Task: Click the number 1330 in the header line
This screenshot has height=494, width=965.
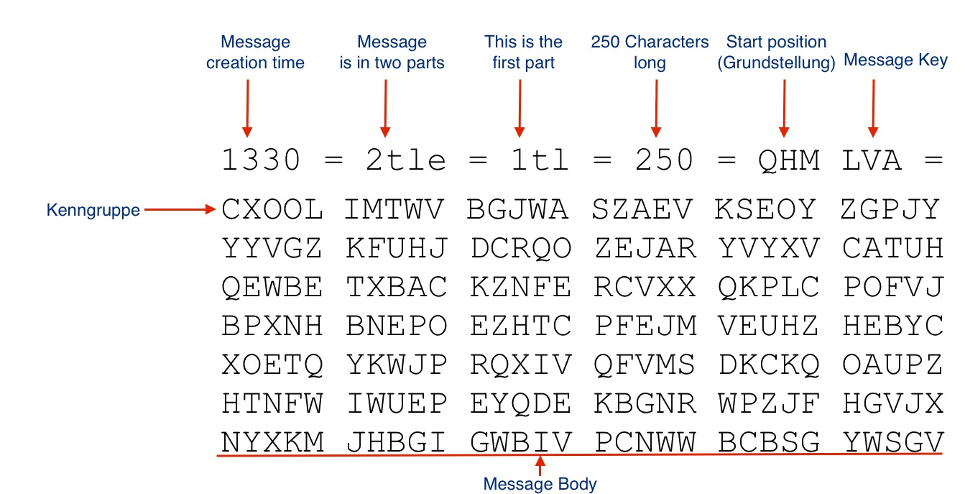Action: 261,160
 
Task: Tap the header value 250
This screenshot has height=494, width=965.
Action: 665,160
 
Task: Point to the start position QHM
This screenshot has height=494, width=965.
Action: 789,160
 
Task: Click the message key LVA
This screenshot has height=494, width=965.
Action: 872,160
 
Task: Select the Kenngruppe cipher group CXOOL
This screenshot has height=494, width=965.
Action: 272,210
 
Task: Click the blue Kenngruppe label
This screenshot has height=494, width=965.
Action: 93,211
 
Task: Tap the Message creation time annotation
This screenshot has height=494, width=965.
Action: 255,52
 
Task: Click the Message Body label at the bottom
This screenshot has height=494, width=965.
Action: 540,484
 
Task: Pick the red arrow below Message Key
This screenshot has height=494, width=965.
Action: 873,108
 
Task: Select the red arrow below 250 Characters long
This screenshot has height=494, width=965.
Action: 655,108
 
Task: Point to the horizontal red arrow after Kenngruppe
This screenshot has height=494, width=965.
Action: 180,210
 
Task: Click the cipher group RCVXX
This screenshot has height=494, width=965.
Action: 645,287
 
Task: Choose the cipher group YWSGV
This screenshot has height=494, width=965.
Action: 892,442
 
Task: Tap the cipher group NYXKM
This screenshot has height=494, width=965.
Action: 272,442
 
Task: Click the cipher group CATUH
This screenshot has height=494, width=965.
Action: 892,249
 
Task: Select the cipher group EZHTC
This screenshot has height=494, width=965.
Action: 521,326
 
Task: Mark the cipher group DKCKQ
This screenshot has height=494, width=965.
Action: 768,365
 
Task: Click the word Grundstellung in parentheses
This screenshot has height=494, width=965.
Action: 776,63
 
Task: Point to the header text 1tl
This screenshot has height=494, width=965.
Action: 540,160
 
